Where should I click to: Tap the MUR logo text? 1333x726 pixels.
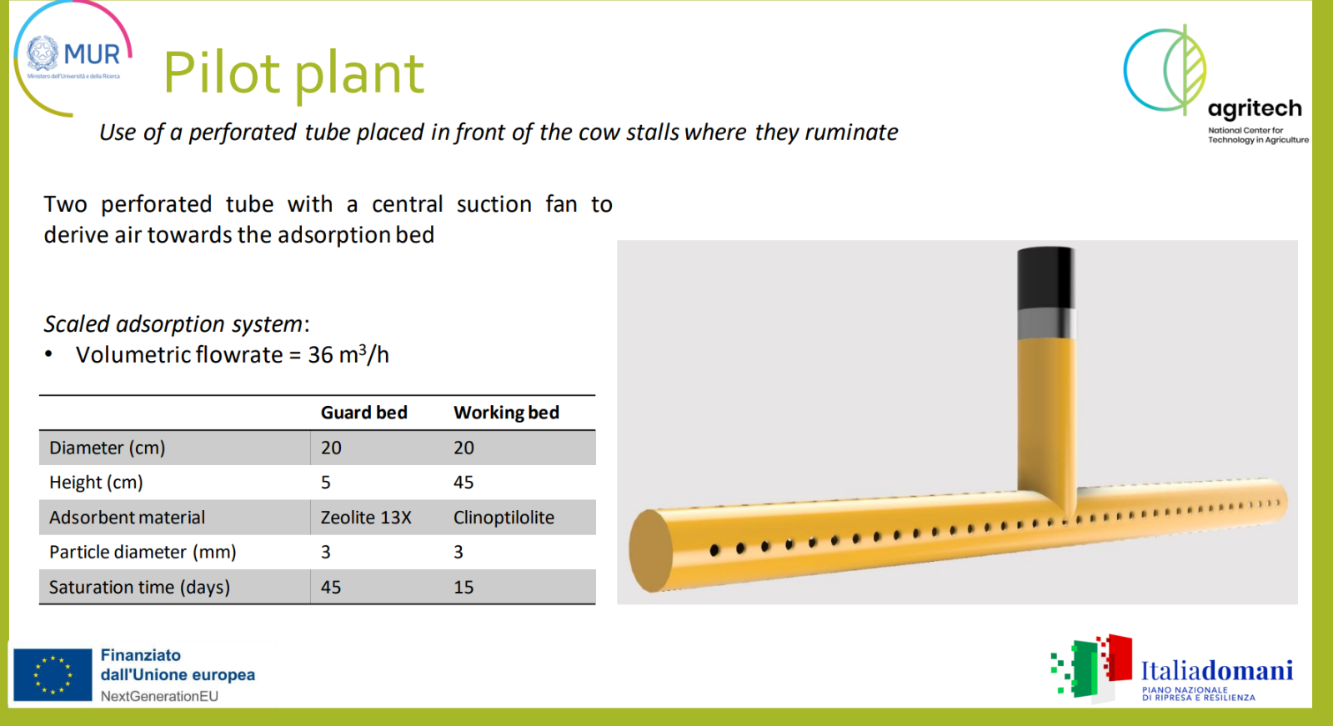click(93, 55)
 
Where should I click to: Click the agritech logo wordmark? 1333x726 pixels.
click(1255, 109)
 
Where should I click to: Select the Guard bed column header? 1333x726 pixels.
click(363, 413)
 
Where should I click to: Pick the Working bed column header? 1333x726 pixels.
click(506, 413)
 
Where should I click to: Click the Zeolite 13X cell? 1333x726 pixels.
click(366, 517)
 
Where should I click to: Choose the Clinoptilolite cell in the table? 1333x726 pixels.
click(504, 517)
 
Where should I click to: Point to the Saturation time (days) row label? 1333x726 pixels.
click(139, 588)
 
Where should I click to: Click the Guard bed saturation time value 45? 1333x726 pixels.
click(331, 588)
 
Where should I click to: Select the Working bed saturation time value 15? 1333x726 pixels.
click(464, 588)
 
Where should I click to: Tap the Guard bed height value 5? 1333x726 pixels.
click(325, 482)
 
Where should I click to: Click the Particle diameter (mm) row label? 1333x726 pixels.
click(143, 553)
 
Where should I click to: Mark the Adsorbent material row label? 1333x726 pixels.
click(127, 517)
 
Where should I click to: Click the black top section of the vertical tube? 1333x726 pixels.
click(1045, 278)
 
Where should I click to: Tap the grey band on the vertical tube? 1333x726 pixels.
click(1046, 324)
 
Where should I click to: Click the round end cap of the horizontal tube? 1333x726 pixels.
click(650, 551)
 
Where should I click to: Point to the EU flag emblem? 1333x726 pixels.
click(53, 675)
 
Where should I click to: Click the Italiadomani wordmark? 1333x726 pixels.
click(1217, 671)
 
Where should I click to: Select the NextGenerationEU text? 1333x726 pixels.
click(159, 696)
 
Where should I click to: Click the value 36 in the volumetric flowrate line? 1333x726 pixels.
click(320, 355)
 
